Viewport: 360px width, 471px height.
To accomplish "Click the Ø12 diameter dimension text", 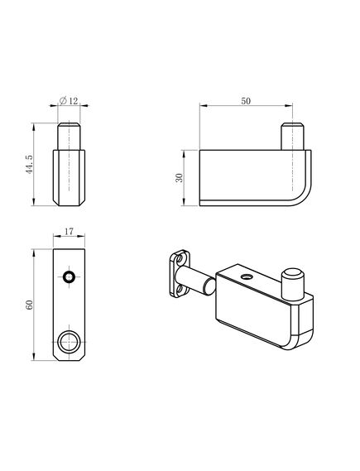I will (x=70, y=102).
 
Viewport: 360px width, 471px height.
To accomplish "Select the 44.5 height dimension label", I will (x=29, y=166).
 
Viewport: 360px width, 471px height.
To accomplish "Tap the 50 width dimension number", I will (x=246, y=101).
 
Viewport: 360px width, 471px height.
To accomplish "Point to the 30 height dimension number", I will (x=180, y=177).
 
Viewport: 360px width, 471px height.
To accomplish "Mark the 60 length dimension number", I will (x=29, y=305).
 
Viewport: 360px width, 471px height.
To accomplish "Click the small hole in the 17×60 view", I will (x=70, y=276).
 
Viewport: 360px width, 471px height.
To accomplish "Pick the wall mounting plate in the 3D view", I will (x=178, y=273).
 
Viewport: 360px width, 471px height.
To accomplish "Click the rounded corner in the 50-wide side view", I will (x=304, y=195).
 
